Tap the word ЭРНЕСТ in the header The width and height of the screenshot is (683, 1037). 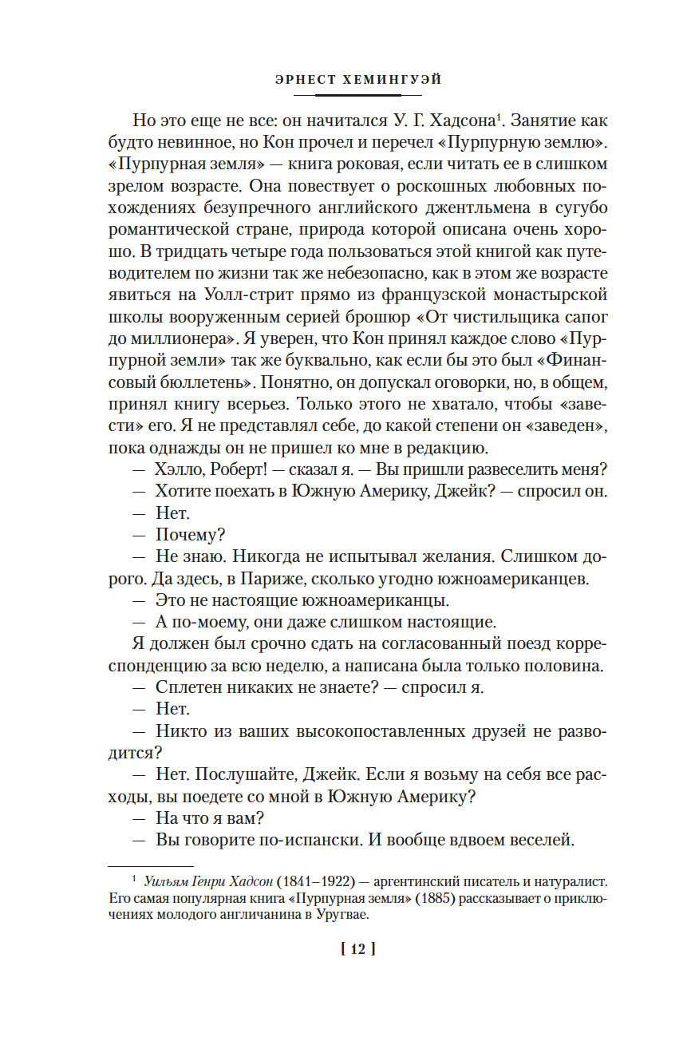[x=302, y=80]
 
